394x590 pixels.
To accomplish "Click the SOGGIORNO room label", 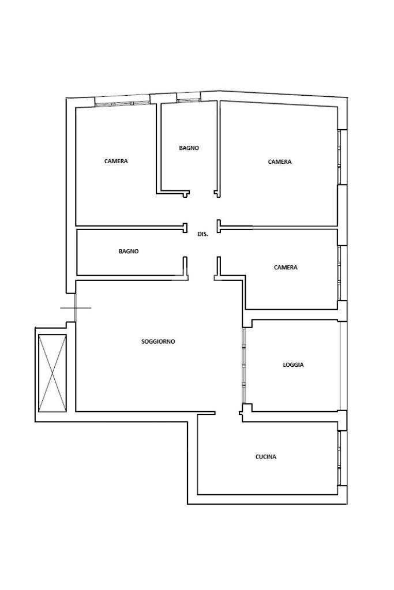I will click(x=158, y=341).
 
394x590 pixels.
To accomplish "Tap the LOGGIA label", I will click(x=293, y=364).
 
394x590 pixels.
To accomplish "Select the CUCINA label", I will click(x=266, y=457).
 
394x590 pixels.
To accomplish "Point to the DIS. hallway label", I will click(x=202, y=234).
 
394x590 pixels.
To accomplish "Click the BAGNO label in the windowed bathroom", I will click(x=189, y=148).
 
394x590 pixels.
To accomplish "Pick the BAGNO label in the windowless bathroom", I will click(x=129, y=251).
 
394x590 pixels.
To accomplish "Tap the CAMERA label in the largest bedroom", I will click(x=280, y=162).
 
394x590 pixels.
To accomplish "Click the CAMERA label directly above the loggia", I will click(x=286, y=268).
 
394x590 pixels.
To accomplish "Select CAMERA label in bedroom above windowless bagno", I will click(x=116, y=161).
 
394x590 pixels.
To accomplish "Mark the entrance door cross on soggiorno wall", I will click(x=75, y=308).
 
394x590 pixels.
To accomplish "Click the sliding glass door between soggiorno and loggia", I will click(x=244, y=366).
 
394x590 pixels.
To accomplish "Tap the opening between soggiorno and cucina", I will click(x=228, y=413).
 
